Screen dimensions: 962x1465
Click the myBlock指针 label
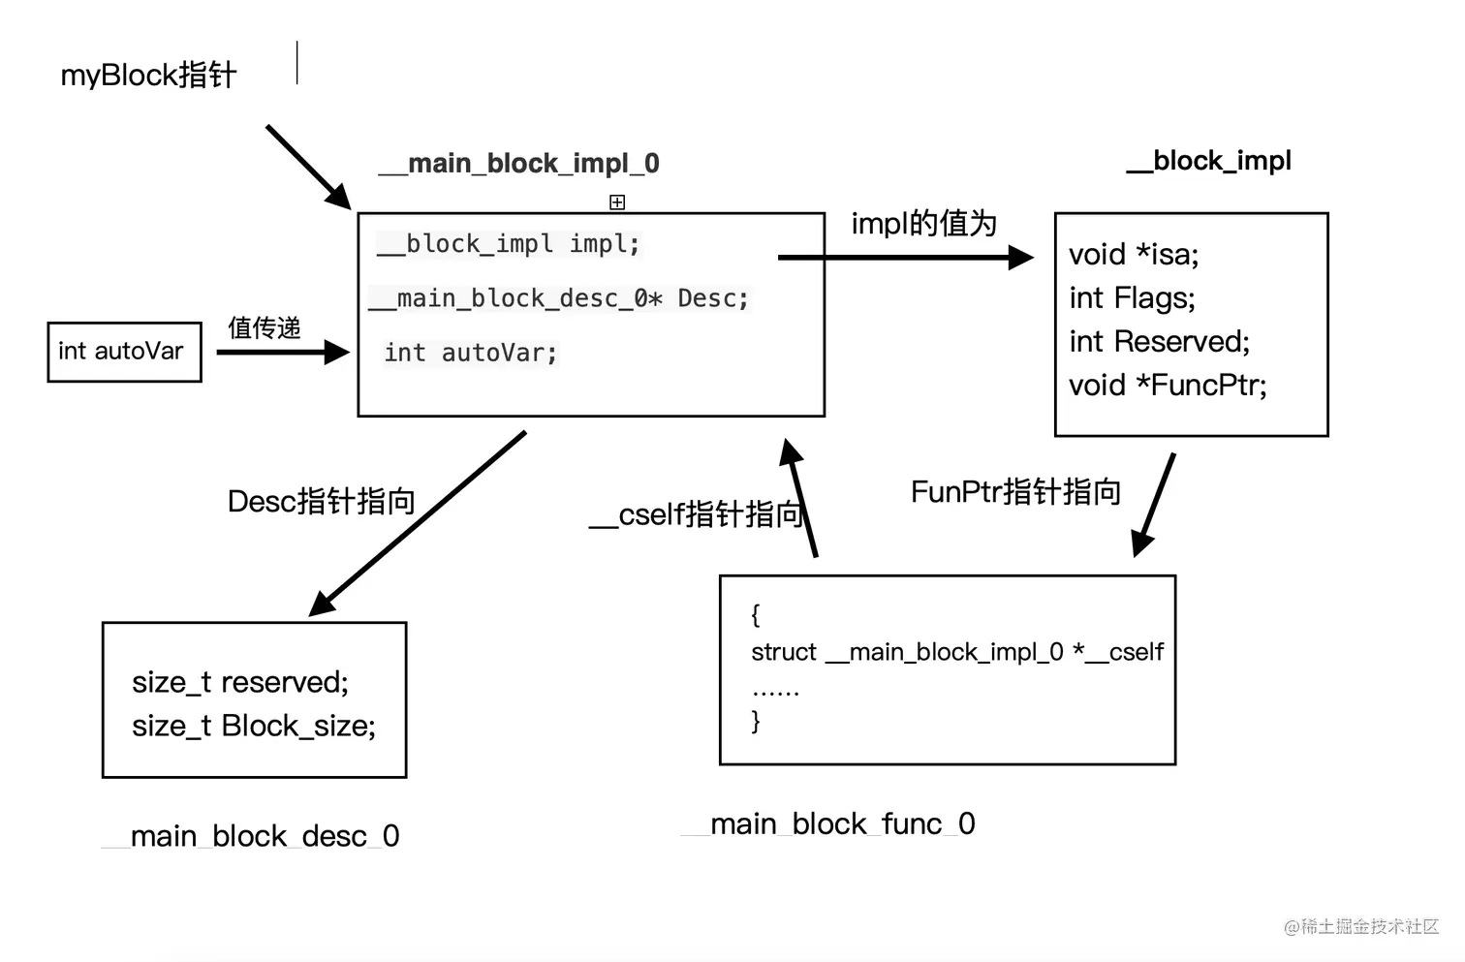[148, 75]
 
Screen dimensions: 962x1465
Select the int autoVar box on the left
[124, 352]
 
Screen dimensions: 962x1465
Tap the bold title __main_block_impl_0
[520, 164]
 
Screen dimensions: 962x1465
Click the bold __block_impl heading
[1209, 161]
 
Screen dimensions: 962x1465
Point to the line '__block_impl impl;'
[509, 244]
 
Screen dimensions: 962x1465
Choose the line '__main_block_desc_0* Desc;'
[560, 298]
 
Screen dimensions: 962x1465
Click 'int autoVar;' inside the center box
[471, 354]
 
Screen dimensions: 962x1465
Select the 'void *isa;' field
[1134, 255]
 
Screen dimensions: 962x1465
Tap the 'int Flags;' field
[1132, 298]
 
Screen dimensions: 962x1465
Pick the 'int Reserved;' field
[1159, 342]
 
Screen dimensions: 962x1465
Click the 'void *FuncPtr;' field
[1168, 386]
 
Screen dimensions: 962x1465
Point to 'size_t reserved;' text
[240, 682]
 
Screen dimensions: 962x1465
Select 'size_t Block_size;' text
[254, 726]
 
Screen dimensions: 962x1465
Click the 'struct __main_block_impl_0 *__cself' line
[957, 652]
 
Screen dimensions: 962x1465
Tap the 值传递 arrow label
[264, 327]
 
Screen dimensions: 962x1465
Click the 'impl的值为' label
[923, 224]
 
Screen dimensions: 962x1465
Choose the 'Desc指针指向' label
[321, 501]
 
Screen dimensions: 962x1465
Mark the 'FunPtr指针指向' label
[1015, 492]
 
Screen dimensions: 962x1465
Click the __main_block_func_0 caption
[829, 824]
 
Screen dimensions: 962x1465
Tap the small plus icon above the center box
[617, 202]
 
